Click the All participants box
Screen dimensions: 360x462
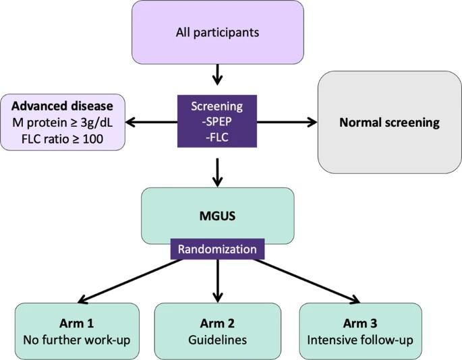coord(217,32)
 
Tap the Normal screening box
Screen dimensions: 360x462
coord(389,122)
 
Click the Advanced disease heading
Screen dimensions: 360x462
coord(67,107)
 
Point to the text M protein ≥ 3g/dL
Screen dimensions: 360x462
coord(67,122)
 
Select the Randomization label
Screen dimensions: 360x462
coord(217,249)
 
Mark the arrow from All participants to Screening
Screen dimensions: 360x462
coord(217,74)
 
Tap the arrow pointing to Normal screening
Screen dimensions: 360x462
coord(287,122)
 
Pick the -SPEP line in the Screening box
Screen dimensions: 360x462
coord(217,122)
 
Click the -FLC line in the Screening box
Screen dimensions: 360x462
coord(217,137)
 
